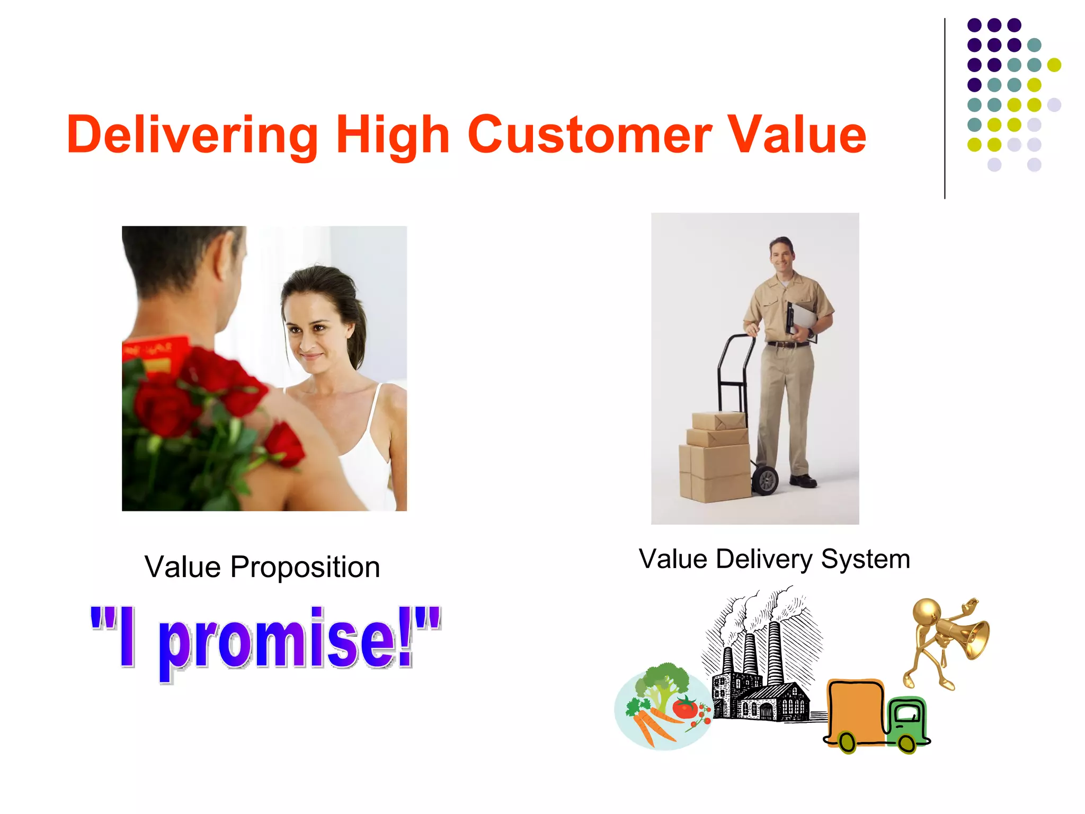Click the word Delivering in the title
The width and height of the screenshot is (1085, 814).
(x=192, y=135)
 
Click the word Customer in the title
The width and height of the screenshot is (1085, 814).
(x=589, y=135)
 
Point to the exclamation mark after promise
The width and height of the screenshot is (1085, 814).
(x=405, y=636)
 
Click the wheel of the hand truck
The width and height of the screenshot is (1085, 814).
(x=766, y=480)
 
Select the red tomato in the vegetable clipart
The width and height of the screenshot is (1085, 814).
(x=684, y=707)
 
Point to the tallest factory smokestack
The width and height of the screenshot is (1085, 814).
(x=774, y=652)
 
